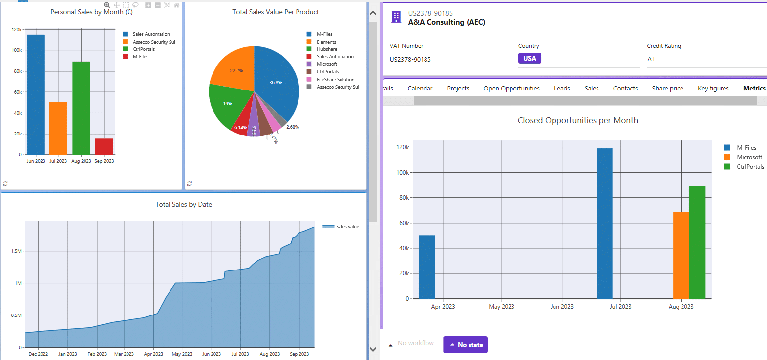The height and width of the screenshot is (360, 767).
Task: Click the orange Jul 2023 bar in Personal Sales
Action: pyautogui.click(x=58, y=129)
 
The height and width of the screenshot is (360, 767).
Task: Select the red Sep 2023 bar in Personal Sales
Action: pyautogui.click(x=104, y=146)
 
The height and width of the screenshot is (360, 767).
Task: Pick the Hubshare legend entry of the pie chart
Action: pyautogui.click(x=326, y=49)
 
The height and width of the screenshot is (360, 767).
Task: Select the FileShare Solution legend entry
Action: pyautogui.click(x=335, y=79)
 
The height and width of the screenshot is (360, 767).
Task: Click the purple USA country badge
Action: pyautogui.click(x=529, y=58)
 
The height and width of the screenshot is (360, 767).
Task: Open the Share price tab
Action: pyautogui.click(x=667, y=89)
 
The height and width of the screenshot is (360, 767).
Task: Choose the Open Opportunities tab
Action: pyautogui.click(x=511, y=89)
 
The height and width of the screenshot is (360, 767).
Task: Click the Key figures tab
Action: pyautogui.click(x=713, y=89)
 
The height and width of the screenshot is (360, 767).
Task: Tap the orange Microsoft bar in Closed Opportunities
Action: pyautogui.click(x=681, y=255)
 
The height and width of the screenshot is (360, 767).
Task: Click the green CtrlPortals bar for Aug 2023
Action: pyautogui.click(x=697, y=242)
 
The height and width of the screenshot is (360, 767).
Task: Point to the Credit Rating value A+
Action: pyautogui.click(x=652, y=59)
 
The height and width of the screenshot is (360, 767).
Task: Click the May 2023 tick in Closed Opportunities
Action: pyautogui.click(x=502, y=307)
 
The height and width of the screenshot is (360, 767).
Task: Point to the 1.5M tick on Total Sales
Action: pyautogui.click(x=16, y=251)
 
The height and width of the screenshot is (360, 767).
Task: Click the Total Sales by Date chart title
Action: pyautogui.click(x=183, y=204)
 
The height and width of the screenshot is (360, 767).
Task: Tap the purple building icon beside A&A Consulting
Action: pyautogui.click(x=396, y=17)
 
